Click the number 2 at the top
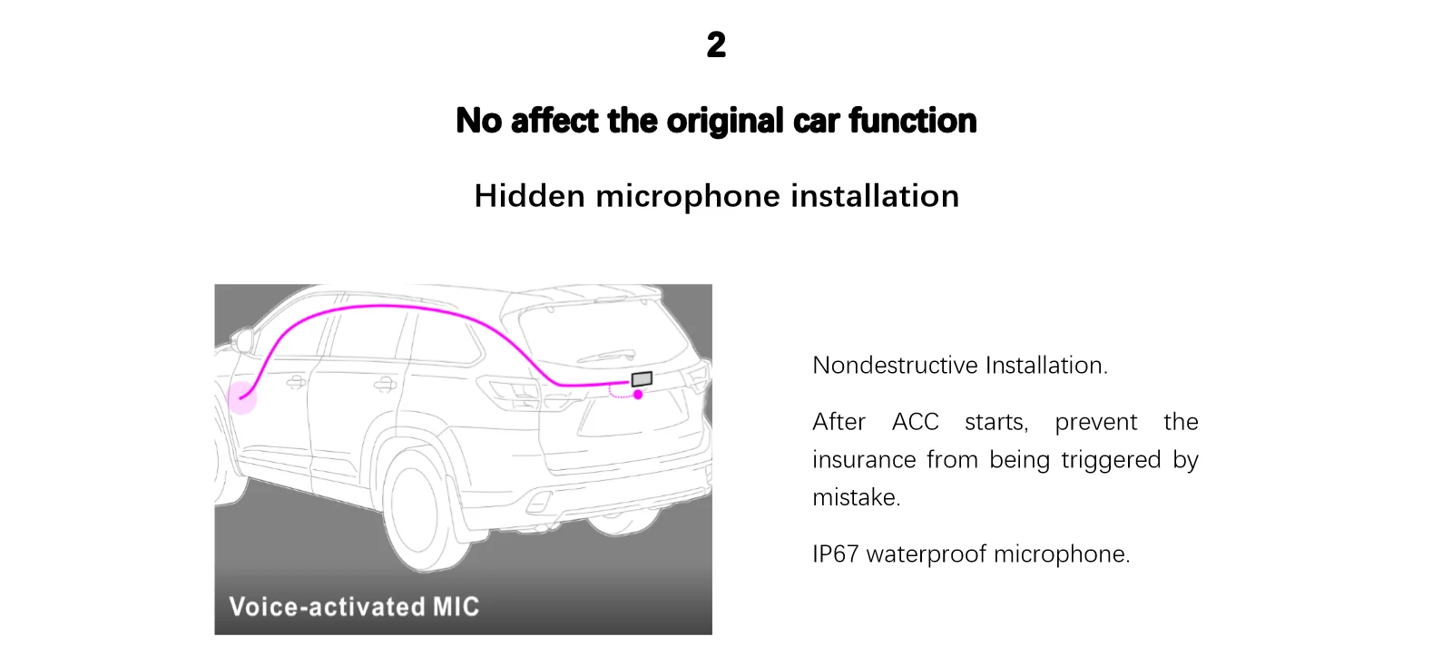(716, 44)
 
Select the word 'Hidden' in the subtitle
(529, 196)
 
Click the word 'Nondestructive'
(895, 365)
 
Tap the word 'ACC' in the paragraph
(915, 422)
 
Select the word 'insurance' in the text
(862, 460)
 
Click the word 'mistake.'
(856, 497)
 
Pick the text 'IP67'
(835, 553)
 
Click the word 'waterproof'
(926, 553)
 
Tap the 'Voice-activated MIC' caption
(354, 606)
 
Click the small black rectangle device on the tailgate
(642, 378)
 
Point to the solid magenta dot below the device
(638, 394)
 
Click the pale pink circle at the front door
(241, 397)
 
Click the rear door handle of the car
(385, 384)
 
